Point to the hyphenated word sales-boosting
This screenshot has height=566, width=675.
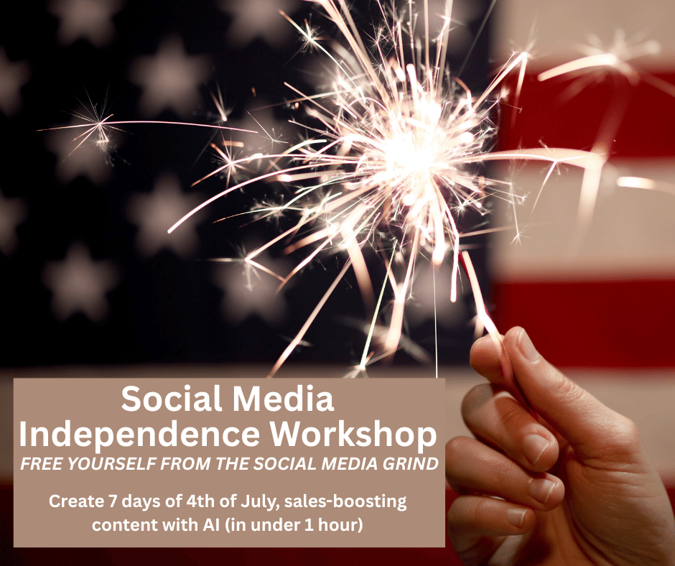coord(345,502)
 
